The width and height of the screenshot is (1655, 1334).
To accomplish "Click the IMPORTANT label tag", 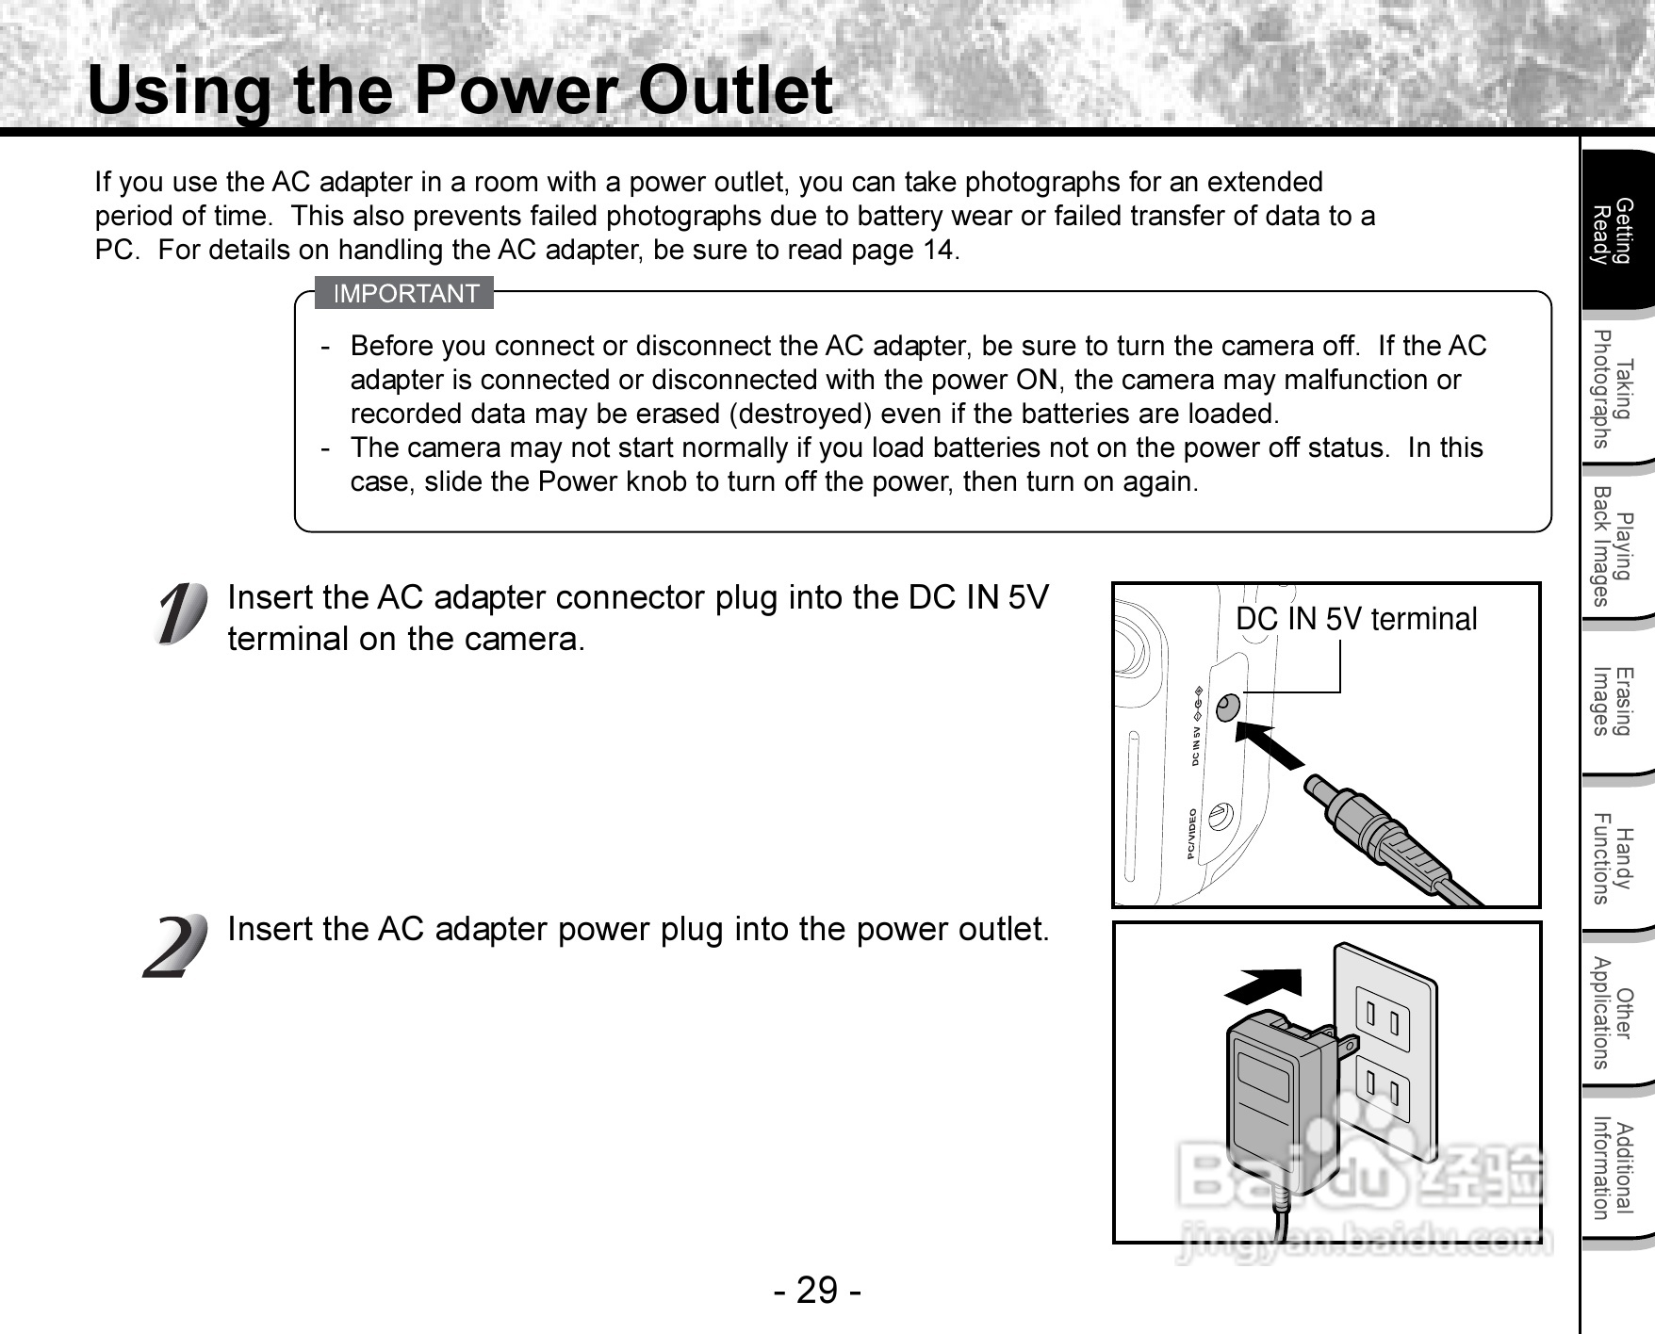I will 405,294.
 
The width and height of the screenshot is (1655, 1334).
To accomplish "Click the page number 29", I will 817,1290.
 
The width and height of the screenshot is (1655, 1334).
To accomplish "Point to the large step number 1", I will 179,614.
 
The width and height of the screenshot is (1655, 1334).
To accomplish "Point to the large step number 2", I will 175,946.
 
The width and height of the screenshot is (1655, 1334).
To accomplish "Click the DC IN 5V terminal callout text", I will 1355,619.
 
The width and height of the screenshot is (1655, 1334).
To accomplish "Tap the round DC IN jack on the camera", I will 1227,707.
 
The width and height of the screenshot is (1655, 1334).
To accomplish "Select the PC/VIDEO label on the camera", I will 1192,835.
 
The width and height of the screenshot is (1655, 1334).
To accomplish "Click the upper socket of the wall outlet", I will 1383,1017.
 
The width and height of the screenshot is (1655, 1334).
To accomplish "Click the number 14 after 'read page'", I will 938,250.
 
